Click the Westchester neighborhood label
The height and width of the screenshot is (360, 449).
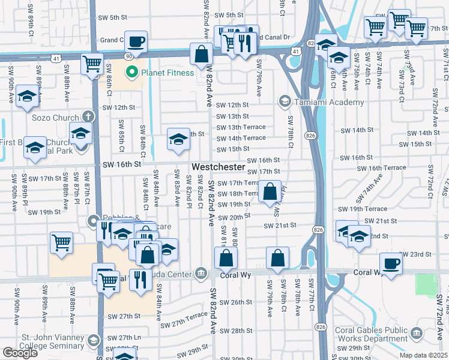(x=218, y=166)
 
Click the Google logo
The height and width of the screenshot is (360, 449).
(x=20, y=353)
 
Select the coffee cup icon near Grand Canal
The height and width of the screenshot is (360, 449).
(x=136, y=41)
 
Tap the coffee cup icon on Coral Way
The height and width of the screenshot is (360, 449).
(x=391, y=263)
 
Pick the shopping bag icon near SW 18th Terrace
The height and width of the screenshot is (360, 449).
(x=271, y=191)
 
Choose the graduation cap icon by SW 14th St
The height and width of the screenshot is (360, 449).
(x=178, y=139)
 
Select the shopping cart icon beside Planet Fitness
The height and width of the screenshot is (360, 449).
(x=91, y=64)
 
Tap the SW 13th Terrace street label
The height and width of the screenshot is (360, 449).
(x=241, y=127)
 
